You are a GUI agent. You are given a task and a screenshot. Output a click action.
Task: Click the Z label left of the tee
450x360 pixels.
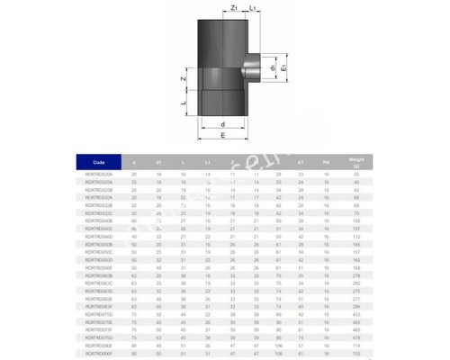[x=184, y=79]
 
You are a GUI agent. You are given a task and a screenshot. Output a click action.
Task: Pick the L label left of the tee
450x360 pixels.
[x=184, y=104]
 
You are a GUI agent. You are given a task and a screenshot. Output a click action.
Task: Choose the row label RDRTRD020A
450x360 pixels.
[x=99, y=174]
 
